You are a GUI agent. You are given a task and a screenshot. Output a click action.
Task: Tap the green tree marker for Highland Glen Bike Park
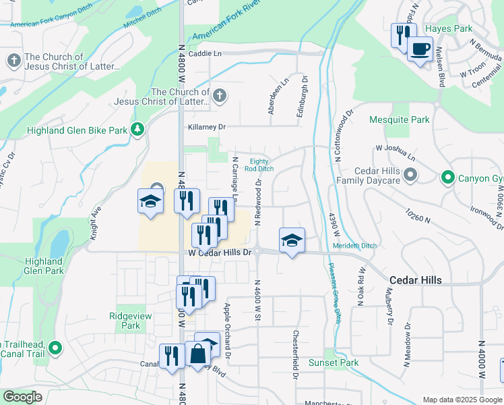[x=137, y=128]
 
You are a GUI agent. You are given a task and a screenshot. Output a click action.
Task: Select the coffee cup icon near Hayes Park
[x=420, y=49]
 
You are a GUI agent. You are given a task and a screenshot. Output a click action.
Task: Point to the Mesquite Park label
[x=400, y=120]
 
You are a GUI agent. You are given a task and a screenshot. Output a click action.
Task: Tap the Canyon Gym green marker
[x=447, y=178]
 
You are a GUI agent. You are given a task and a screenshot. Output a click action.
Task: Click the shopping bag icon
[x=198, y=353]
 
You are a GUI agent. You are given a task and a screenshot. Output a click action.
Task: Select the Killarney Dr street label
[x=207, y=127]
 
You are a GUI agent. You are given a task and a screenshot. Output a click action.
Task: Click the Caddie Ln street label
[x=205, y=53]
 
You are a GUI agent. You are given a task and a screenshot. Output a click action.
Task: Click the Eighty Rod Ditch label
[x=259, y=165]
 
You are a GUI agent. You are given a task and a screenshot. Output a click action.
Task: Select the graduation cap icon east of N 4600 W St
[x=292, y=240]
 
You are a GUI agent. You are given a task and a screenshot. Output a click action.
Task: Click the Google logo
[x=22, y=397]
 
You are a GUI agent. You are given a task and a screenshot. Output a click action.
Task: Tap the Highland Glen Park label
[x=44, y=266]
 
